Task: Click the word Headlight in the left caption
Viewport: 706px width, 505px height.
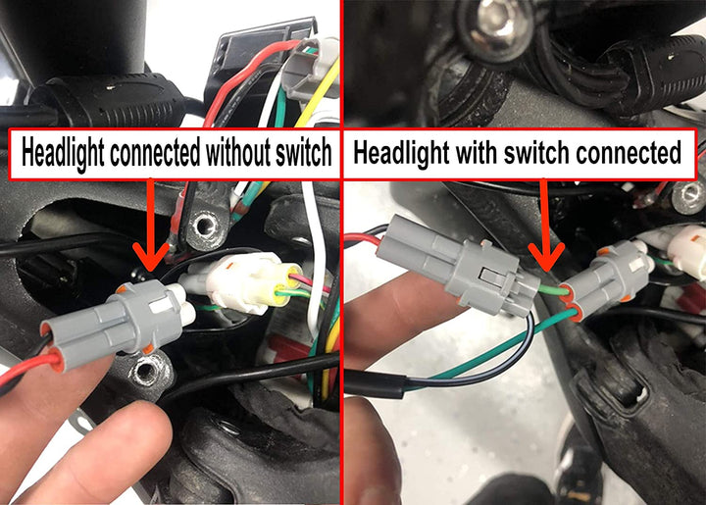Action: tap(65, 153)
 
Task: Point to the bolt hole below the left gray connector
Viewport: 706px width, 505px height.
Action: tap(150, 371)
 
